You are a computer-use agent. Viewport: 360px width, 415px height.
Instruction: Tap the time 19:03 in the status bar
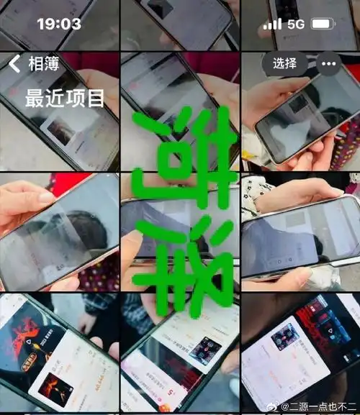[x=59, y=24]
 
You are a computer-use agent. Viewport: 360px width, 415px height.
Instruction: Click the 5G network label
[x=296, y=24]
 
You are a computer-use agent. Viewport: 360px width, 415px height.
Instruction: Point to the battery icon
[x=323, y=24]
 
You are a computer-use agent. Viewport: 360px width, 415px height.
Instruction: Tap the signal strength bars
[x=272, y=24]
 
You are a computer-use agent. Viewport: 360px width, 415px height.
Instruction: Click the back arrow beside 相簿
[x=14, y=64]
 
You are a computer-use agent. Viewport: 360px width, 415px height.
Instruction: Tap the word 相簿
[x=42, y=64]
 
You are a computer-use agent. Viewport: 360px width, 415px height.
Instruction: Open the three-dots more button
[x=328, y=63]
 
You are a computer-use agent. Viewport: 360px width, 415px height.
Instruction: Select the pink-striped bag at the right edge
[x=350, y=144]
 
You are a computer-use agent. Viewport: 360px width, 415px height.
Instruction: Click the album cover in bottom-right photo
[x=286, y=336]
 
